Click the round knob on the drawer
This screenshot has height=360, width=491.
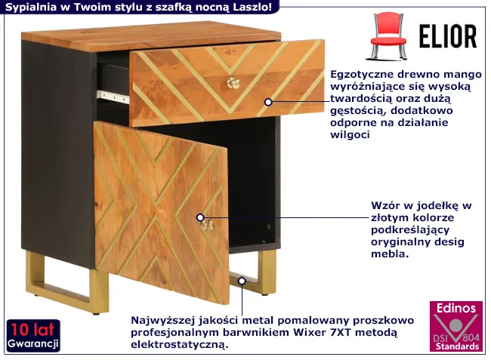pos(233,83)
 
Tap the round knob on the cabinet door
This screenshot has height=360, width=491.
pos(208,225)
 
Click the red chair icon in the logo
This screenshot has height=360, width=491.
pos(388,36)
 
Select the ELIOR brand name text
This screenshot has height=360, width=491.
pos(448,36)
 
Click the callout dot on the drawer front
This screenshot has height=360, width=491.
pos(268,102)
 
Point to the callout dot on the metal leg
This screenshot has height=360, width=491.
pos(242,281)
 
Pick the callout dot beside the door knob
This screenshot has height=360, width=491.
pos(200,217)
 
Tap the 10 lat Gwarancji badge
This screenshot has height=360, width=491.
pos(33,336)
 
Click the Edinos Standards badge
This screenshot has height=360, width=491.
pos(456,326)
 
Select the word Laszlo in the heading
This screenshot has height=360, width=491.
pos(252,7)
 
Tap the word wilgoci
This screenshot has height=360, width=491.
pos(350,135)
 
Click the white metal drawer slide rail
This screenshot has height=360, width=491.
pos(113,97)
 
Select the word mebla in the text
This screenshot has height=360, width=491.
pos(390,254)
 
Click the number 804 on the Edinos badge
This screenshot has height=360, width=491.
pos(471,337)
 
